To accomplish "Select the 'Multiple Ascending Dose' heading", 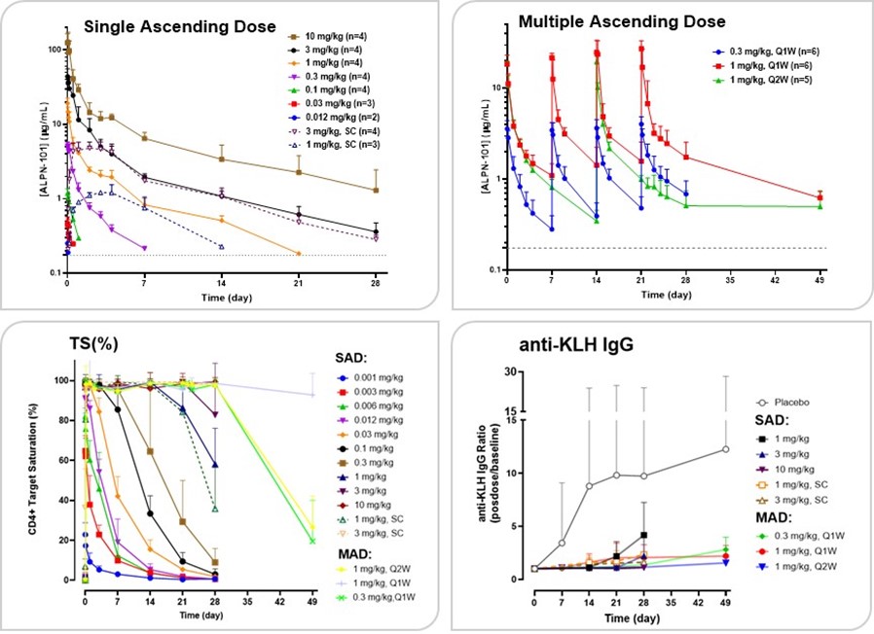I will click(608, 20).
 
